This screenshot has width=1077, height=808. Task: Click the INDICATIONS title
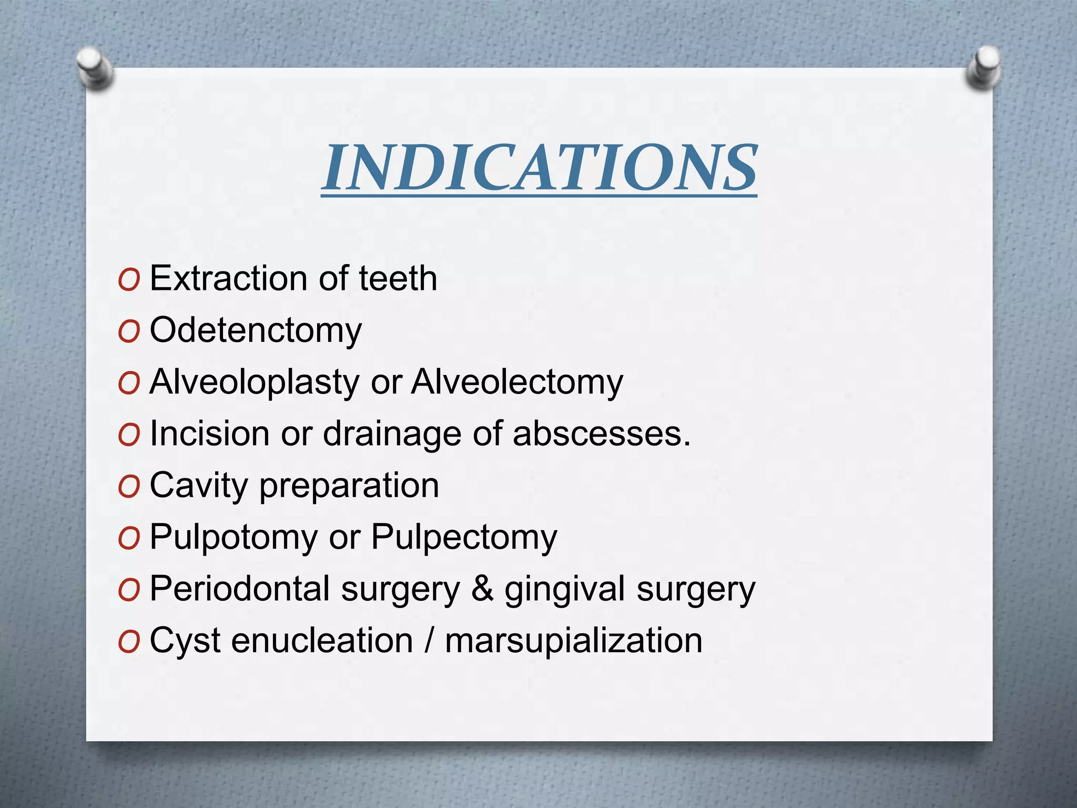[539, 168]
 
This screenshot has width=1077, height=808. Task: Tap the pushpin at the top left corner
[95, 68]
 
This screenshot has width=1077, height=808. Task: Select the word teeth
[398, 278]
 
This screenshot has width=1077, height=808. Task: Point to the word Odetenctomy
[256, 331]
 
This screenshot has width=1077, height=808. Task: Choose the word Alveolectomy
[517, 382]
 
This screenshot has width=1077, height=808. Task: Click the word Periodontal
[240, 589]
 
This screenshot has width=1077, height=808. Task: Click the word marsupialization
[573, 641]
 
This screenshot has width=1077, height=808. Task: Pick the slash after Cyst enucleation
[429, 641]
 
